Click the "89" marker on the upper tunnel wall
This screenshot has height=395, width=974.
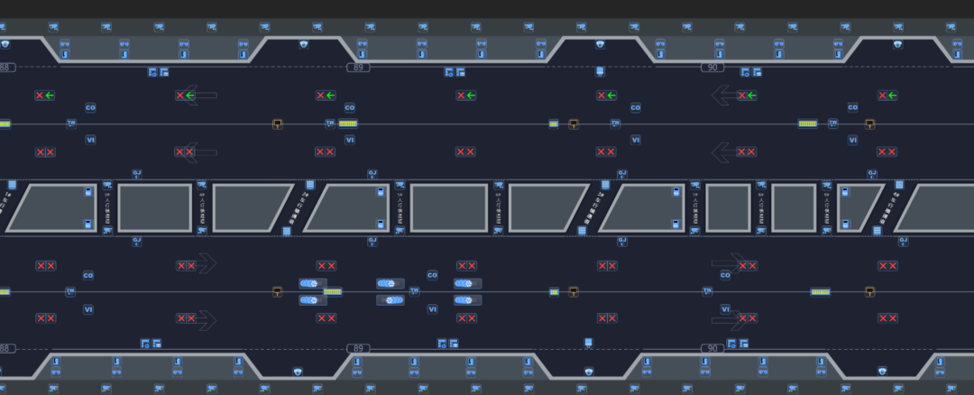tap(359, 68)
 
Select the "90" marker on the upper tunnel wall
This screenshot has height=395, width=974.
tap(712, 68)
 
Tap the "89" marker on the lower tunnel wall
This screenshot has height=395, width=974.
tap(359, 348)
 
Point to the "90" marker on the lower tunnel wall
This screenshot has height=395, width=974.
tap(712, 348)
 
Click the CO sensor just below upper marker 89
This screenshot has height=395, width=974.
tap(350, 108)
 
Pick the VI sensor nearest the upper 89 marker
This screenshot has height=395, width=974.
tap(350, 140)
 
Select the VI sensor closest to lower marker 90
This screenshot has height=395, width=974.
tap(725, 309)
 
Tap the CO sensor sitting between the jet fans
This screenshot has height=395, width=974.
tap(432, 275)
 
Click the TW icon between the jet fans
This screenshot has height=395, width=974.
tap(415, 291)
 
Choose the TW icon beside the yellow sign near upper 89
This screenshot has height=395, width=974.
tap(330, 124)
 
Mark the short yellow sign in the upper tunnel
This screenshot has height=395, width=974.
tap(554, 124)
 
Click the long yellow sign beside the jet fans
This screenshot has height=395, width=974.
tap(333, 291)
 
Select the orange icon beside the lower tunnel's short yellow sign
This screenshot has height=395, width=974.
tap(574, 291)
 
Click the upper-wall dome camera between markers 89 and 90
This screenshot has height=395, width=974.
tap(600, 43)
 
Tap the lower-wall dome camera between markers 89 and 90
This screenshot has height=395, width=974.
tap(589, 371)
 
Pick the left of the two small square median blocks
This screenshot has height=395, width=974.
tap(728, 207)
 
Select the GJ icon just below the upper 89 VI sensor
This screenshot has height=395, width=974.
tap(372, 173)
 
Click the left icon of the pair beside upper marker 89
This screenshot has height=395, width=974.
tap(448, 72)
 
